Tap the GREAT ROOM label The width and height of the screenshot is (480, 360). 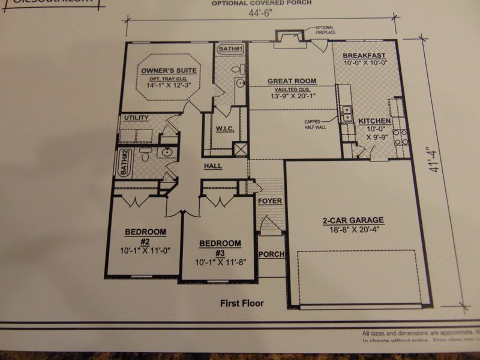tap(292, 81)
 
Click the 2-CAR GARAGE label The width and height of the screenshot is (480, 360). tap(353, 220)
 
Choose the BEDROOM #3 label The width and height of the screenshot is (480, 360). tap(220, 243)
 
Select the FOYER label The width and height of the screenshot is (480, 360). tap(270, 200)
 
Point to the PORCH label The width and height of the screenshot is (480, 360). tap(271, 254)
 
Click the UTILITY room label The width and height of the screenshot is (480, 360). tap(136, 118)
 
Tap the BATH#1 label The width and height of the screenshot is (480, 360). tap(230, 48)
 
